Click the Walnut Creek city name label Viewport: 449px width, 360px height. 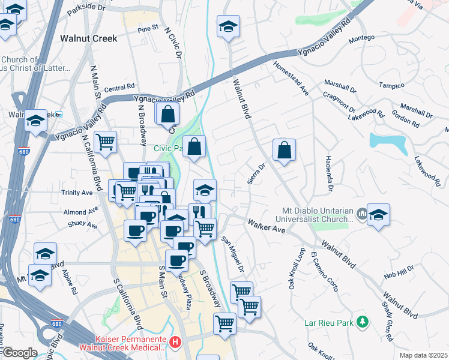coord(88,38)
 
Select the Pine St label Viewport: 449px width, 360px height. coord(148,28)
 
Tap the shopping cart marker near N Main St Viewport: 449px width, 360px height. coord(105,142)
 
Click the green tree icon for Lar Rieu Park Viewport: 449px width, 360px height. coord(362,322)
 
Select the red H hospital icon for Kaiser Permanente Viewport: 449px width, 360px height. coord(175,343)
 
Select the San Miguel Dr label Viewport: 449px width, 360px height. coord(233,254)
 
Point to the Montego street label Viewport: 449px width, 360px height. coord(362,38)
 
